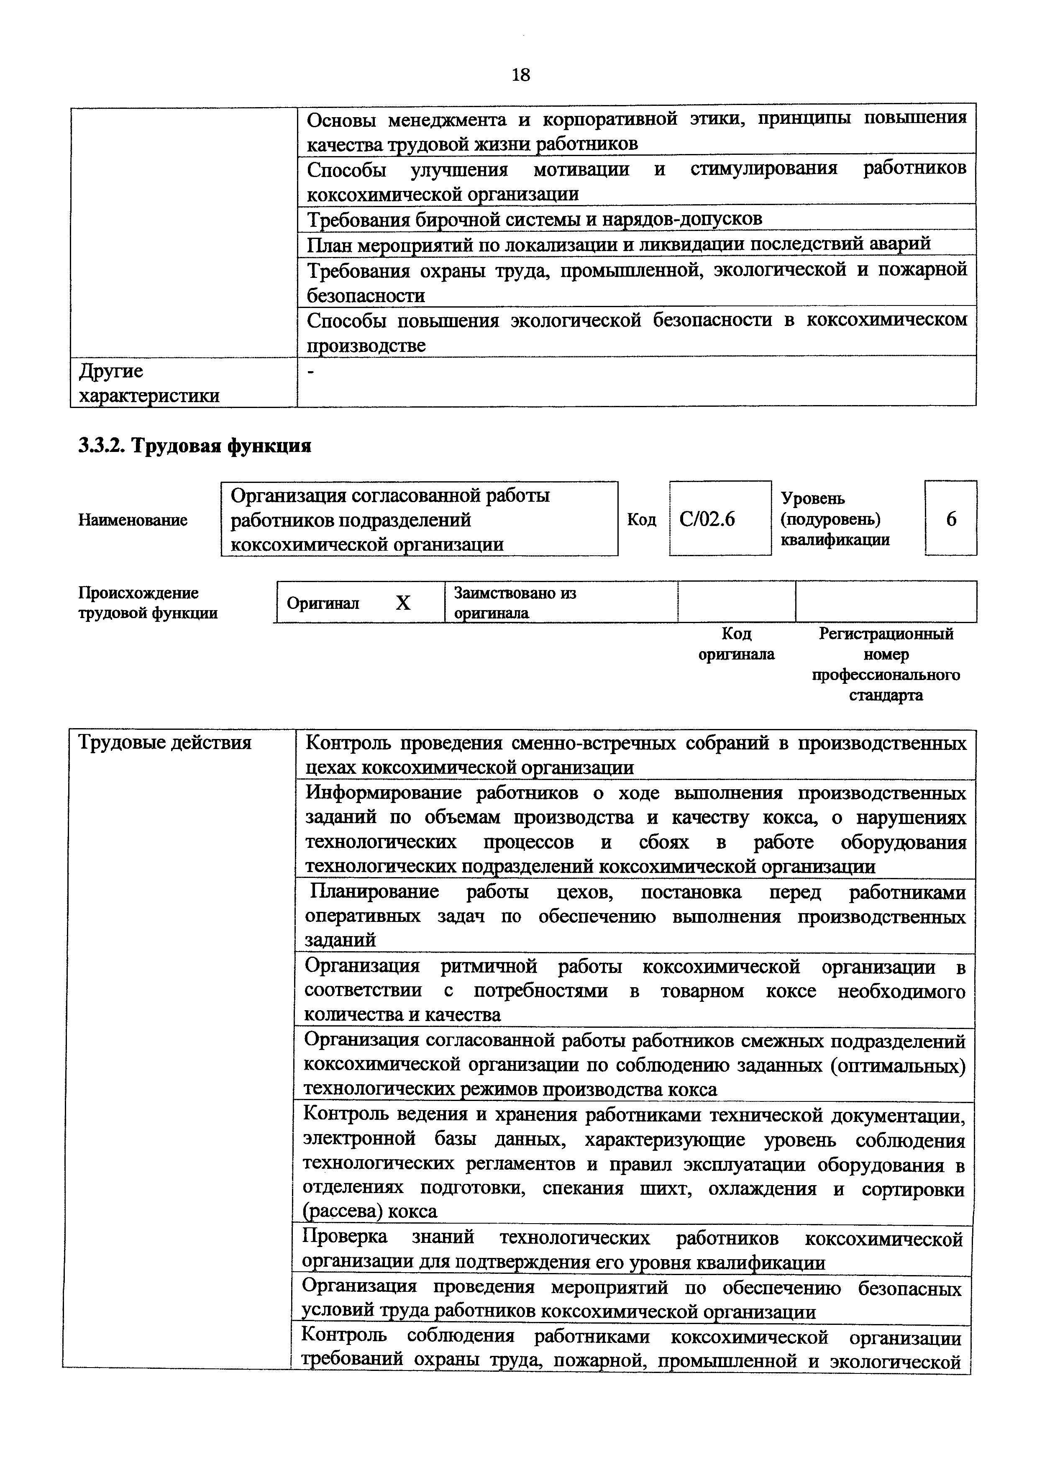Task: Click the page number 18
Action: pyautogui.click(x=521, y=75)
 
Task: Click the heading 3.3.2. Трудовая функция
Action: pyautogui.click(x=195, y=446)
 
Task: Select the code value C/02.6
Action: pyautogui.click(x=707, y=519)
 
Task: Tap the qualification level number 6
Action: pyautogui.click(x=951, y=519)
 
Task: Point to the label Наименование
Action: pyautogui.click(x=133, y=520)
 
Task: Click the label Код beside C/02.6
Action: pyautogui.click(x=642, y=520)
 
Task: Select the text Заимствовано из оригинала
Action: pyautogui.click(x=515, y=603)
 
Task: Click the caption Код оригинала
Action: pyautogui.click(x=736, y=644)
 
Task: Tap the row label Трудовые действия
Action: pyautogui.click(x=165, y=743)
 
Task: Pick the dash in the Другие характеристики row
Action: pyautogui.click(x=311, y=372)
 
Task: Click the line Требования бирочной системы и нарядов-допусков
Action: pyautogui.click(x=534, y=219)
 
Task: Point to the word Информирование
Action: pyautogui.click(x=383, y=793)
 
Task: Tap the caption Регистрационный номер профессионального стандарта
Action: pyautogui.click(x=886, y=664)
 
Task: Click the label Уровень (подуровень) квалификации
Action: pyautogui.click(x=835, y=519)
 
